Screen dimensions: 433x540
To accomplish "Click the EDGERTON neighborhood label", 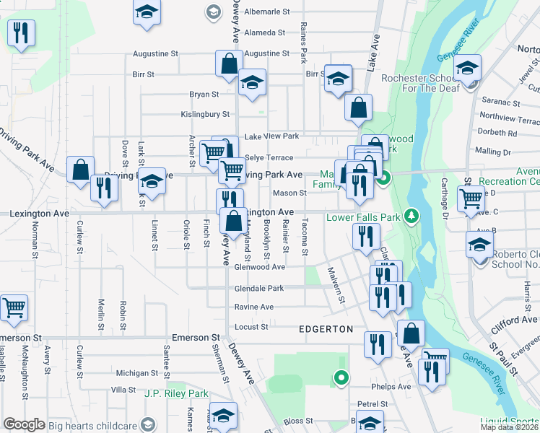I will pyautogui.click(x=326, y=329).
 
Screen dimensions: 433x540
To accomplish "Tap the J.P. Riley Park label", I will pyautogui.click(x=176, y=393).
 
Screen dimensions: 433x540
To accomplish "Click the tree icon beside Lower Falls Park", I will pyautogui.click(x=411, y=216).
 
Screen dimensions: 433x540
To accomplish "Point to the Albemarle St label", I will pyautogui.click(x=266, y=12).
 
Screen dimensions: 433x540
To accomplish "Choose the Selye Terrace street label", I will pyautogui.click(x=269, y=157).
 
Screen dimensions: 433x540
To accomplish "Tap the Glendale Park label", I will pyautogui.click(x=258, y=288).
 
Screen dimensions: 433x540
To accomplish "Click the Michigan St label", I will pyautogui.click(x=131, y=373).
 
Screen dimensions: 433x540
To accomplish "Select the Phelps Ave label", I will pyautogui.click(x=391, y=387).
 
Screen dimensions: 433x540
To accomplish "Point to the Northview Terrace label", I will pyautogui.click(x=509, y=117).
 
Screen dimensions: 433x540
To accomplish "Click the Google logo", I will pyautogui.click(x=25, y=424).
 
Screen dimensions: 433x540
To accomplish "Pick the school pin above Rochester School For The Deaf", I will pyautogui.click(x=467, y=69).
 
